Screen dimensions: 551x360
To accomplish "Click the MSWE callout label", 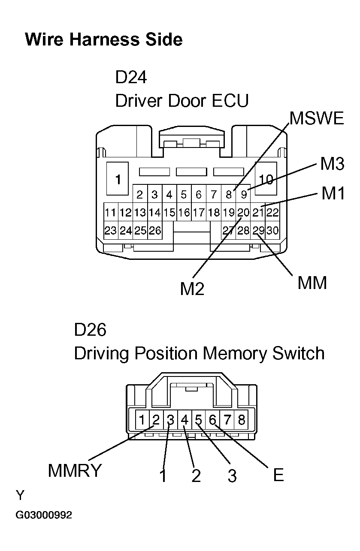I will (x=316, y=118).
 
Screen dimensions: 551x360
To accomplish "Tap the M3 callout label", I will (x=332, y=164).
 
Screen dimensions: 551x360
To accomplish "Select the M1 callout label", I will (x=333, y=193).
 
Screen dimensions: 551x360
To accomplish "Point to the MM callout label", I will (x=312, y=283).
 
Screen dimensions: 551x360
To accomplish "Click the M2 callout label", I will (x=192, y=289).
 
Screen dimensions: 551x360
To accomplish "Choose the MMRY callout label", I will (x=75, y=471).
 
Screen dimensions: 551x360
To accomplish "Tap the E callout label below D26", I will (x=278, y=475).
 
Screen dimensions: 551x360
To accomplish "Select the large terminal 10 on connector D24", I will (x=266, y=179).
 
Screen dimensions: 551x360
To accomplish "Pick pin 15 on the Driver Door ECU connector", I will (x=169, y=212).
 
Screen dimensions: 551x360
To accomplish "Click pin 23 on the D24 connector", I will (x=111, y=231).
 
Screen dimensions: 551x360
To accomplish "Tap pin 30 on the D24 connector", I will (x=272, y=231).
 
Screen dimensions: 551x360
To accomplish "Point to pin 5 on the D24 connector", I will (x=184, y=195).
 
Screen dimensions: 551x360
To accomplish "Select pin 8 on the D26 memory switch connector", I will (x=241, y=420).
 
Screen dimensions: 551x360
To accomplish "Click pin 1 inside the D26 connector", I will (x=142, y=420).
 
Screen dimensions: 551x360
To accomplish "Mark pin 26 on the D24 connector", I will (x=154, y=231).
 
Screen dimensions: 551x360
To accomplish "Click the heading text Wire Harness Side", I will (x=104, y=39).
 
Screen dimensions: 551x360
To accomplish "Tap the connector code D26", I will (x=90, y=330).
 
